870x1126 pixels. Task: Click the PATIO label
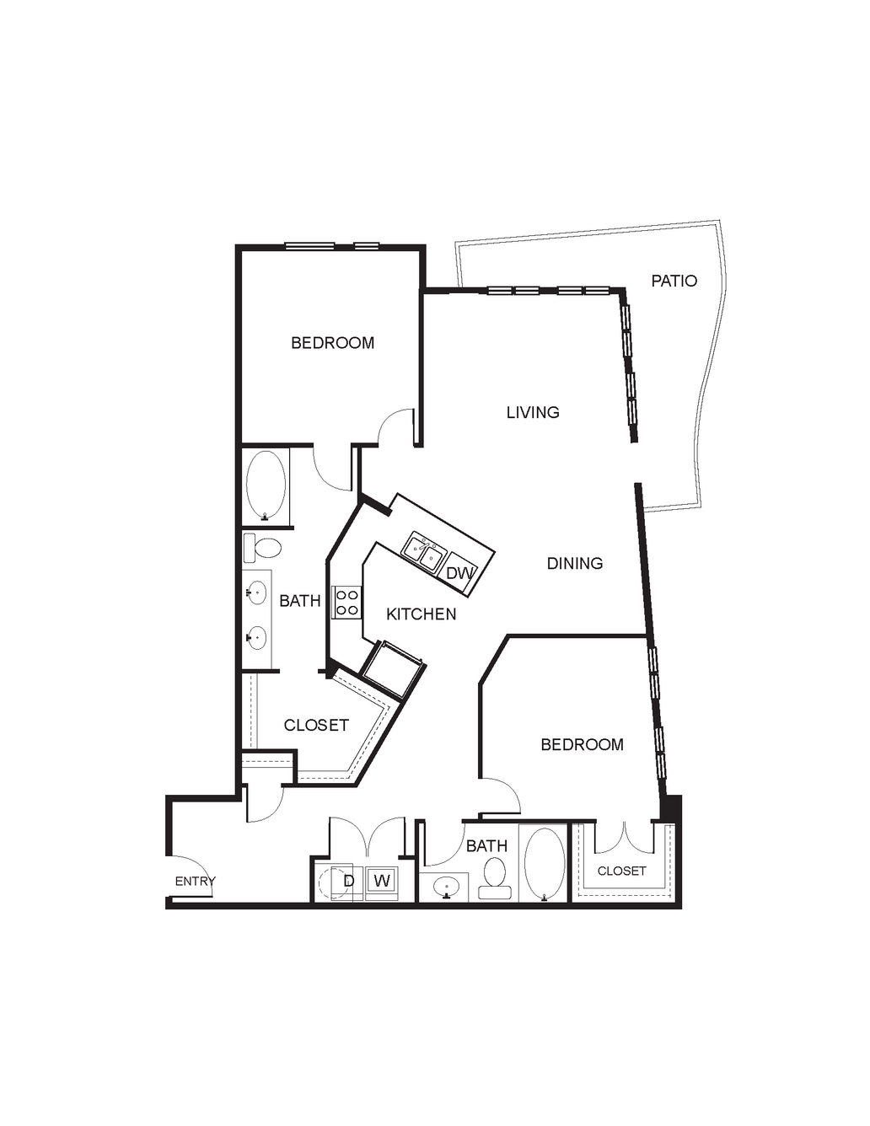[674, 281]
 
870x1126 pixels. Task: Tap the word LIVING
[533, 412]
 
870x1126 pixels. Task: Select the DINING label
[575, 563]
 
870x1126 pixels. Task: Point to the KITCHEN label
[422, 614]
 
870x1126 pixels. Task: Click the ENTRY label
[196, 881]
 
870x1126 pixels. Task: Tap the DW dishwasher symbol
[461, 573]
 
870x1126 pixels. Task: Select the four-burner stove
[346, 602]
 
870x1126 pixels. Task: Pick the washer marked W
[381, 881]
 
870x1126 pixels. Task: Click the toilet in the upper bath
[262, 548]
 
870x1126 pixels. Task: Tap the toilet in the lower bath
[494, 878]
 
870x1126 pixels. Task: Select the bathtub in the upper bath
[266, 485]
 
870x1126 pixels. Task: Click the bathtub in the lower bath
[545, 865]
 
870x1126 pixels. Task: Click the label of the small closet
[621, 871]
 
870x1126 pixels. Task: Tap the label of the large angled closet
[316, 725]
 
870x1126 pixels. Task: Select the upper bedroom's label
[333, 343]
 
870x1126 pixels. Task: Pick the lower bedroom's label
[582, 744]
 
